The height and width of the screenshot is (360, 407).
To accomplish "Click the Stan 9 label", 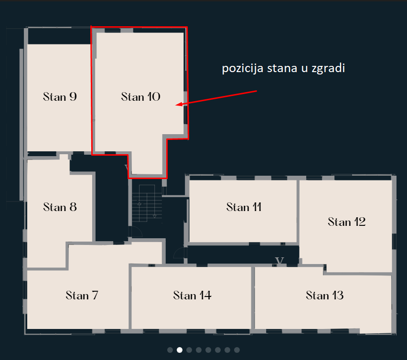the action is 60,97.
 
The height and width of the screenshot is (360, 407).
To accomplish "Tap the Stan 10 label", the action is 141,97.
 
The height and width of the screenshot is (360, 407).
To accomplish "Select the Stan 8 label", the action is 60,207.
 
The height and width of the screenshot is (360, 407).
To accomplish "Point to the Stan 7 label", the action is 82,295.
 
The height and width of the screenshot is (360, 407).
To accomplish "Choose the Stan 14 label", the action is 193,295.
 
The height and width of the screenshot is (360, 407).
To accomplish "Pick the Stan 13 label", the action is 325,295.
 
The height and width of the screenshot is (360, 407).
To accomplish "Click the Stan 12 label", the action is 347,222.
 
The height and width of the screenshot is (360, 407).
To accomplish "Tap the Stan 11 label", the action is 244,207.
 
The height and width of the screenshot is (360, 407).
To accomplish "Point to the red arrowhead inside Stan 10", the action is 179,104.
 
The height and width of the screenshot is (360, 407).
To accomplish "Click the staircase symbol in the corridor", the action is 147,203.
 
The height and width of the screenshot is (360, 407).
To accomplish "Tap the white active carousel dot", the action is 179,350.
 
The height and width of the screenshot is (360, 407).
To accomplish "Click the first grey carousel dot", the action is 170,350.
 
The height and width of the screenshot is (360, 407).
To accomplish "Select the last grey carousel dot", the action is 237,350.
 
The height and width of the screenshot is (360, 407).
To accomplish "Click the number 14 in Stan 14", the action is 205,295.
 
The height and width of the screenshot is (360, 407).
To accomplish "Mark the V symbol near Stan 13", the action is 279,260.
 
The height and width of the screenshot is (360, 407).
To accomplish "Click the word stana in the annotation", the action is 282,68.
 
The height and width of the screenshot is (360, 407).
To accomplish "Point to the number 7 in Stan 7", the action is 95,295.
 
